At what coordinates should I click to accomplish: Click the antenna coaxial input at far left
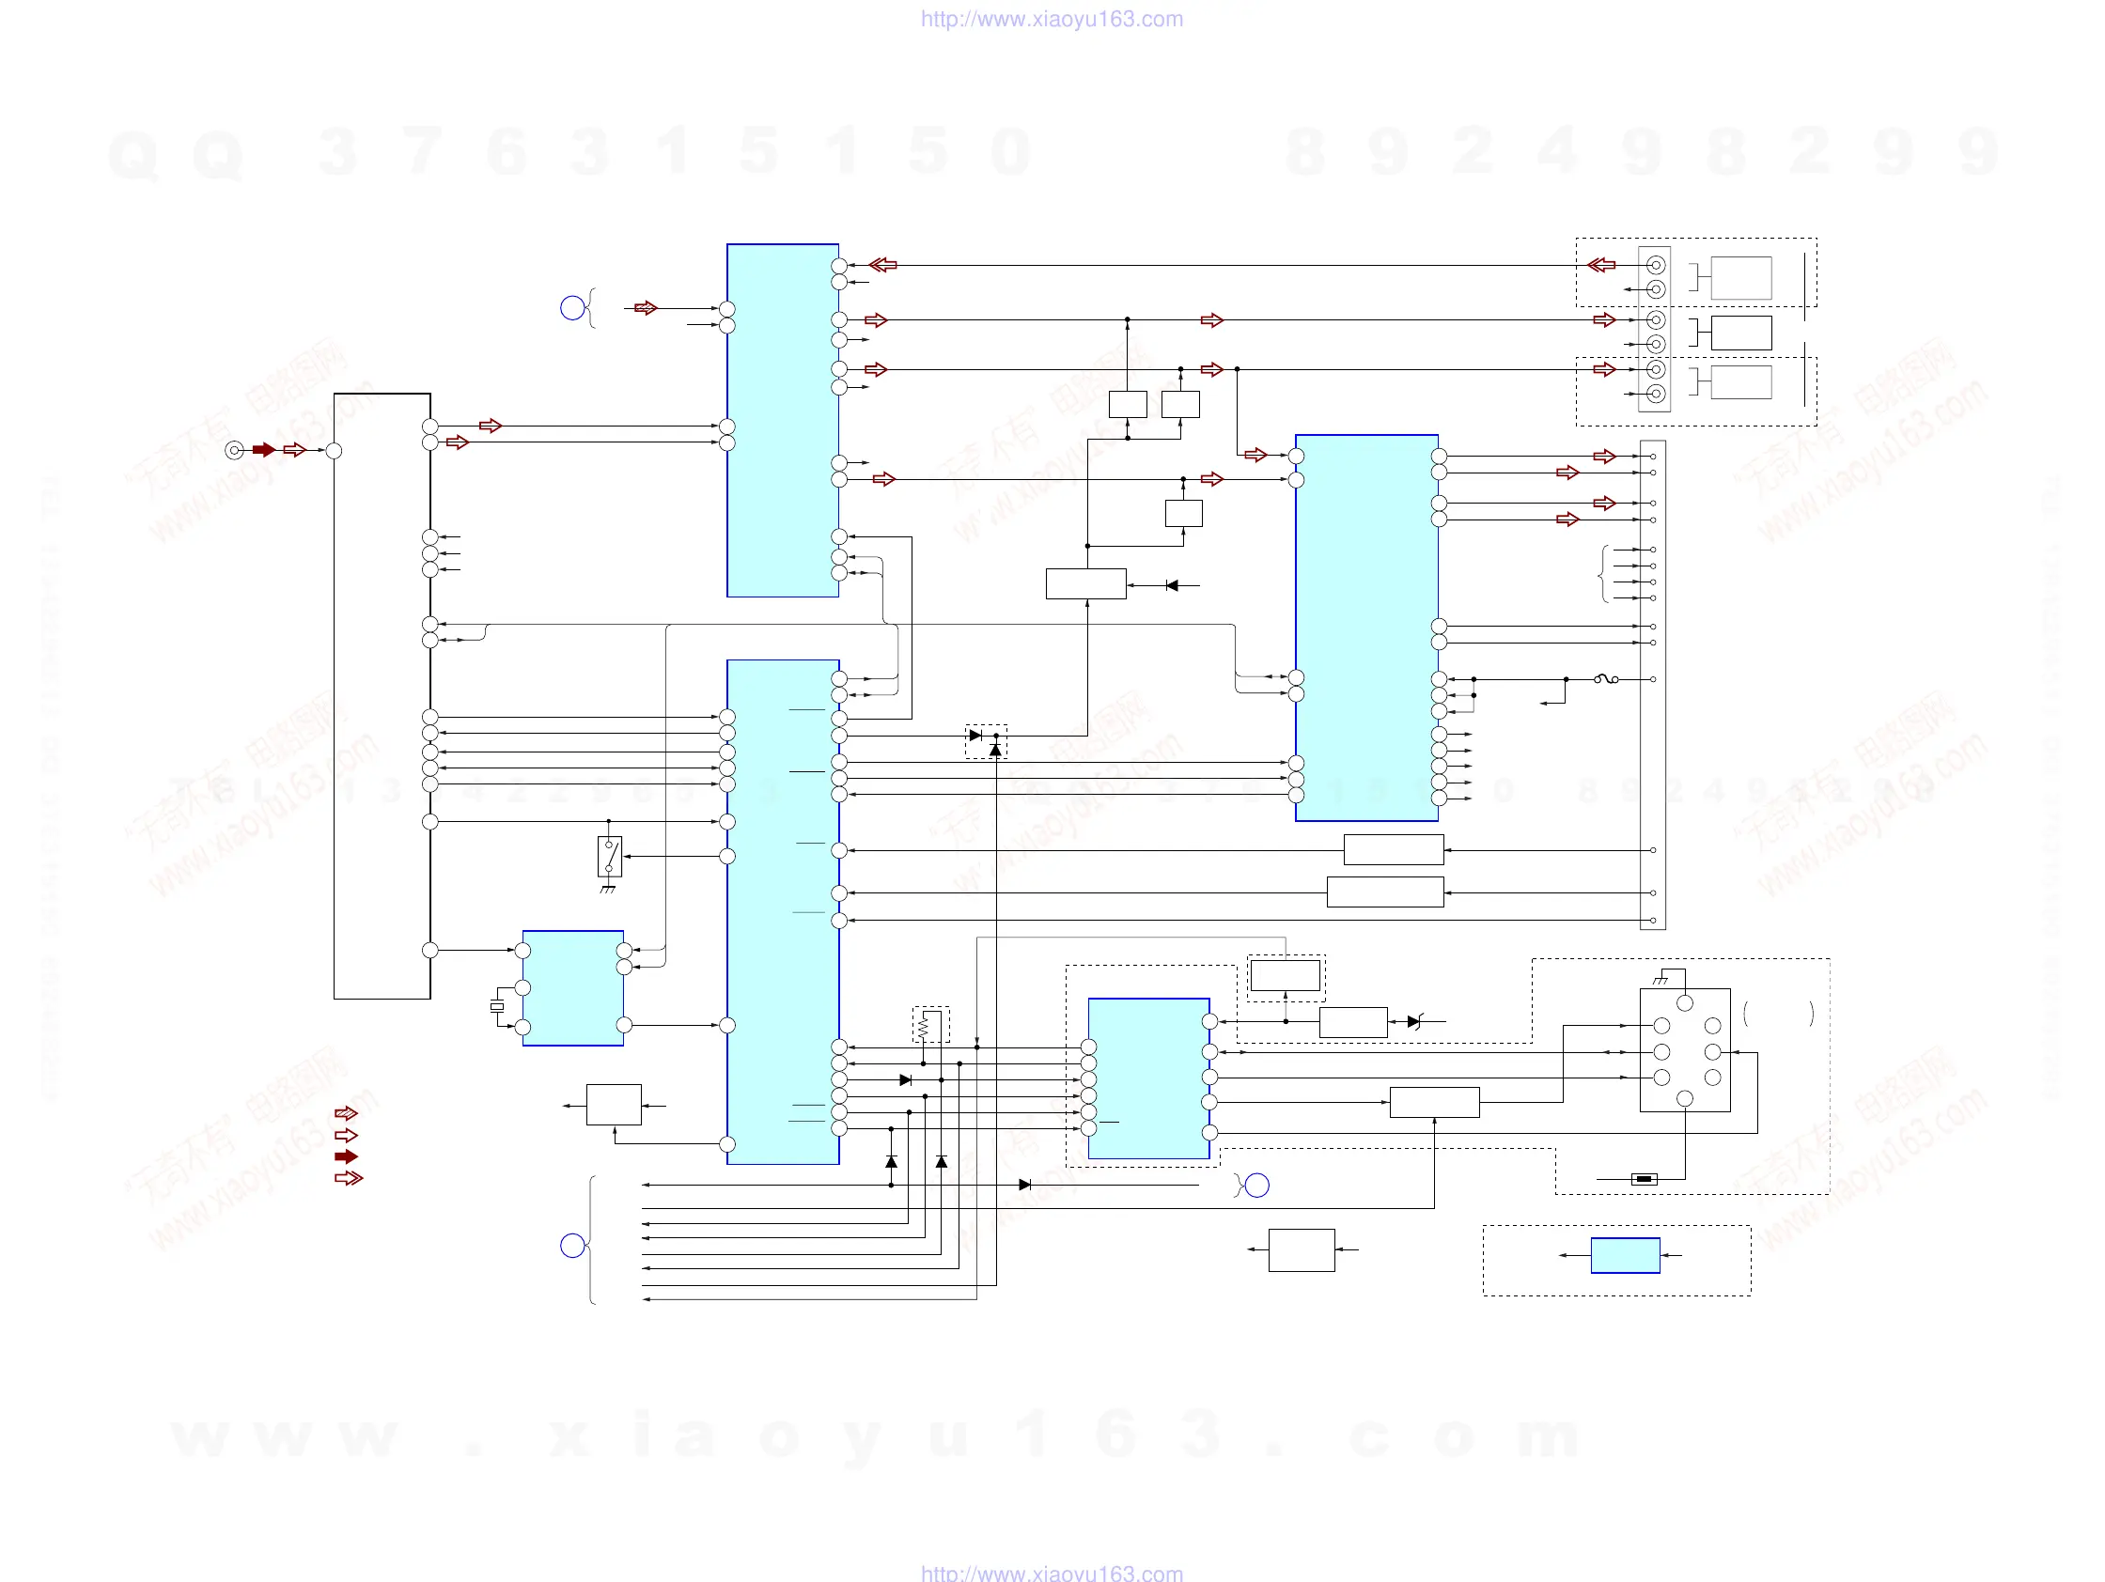[x=234, y=450]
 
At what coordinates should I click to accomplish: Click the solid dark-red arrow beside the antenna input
[x=264, y=450]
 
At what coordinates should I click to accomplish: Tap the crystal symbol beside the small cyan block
[x=497, y=1006]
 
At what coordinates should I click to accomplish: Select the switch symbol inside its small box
[x=609, y=856]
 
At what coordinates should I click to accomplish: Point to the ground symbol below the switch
[x=607, y=890]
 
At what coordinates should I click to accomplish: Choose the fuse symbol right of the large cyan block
[x=1606, y=679]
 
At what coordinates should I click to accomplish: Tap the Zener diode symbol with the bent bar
[x=1414, y=1022]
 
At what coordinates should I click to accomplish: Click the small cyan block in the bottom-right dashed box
[x=1626, y=1256]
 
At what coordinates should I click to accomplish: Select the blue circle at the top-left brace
[x=572, y=308]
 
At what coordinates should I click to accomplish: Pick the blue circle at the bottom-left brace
[x=572, y=1246]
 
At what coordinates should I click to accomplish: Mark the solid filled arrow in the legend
[x=347, y=1156]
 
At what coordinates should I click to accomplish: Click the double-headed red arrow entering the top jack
[x=1601, y=266]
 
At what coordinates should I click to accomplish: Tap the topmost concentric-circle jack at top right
[x=1656, y=266]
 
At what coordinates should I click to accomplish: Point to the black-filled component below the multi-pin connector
[x=1644, y=1180]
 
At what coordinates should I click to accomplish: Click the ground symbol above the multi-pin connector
[x=1661, y=980]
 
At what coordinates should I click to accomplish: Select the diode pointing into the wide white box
[x=1172, y=585]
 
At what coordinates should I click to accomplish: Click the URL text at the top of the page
[x=1052, y=19]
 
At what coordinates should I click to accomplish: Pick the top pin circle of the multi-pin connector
[x=1684, y=1002]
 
